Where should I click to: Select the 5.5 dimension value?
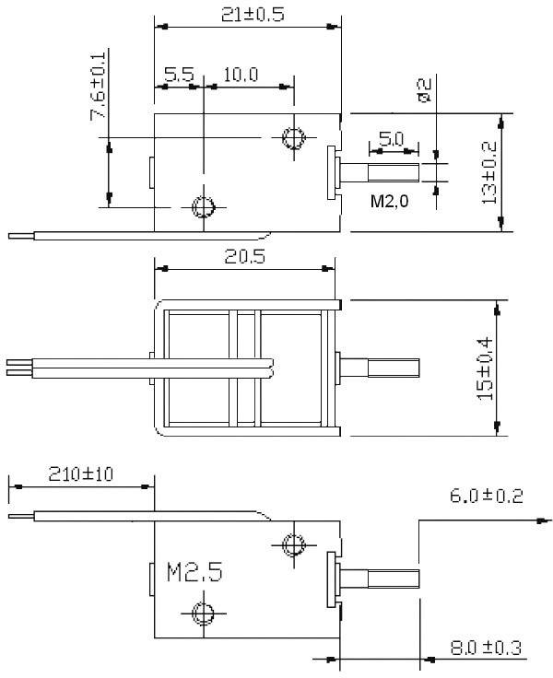tap(178, 75)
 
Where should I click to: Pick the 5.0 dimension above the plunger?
tap(391, 139)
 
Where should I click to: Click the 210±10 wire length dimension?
tap(80, 474)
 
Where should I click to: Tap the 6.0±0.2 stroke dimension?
tap(486, 497)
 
